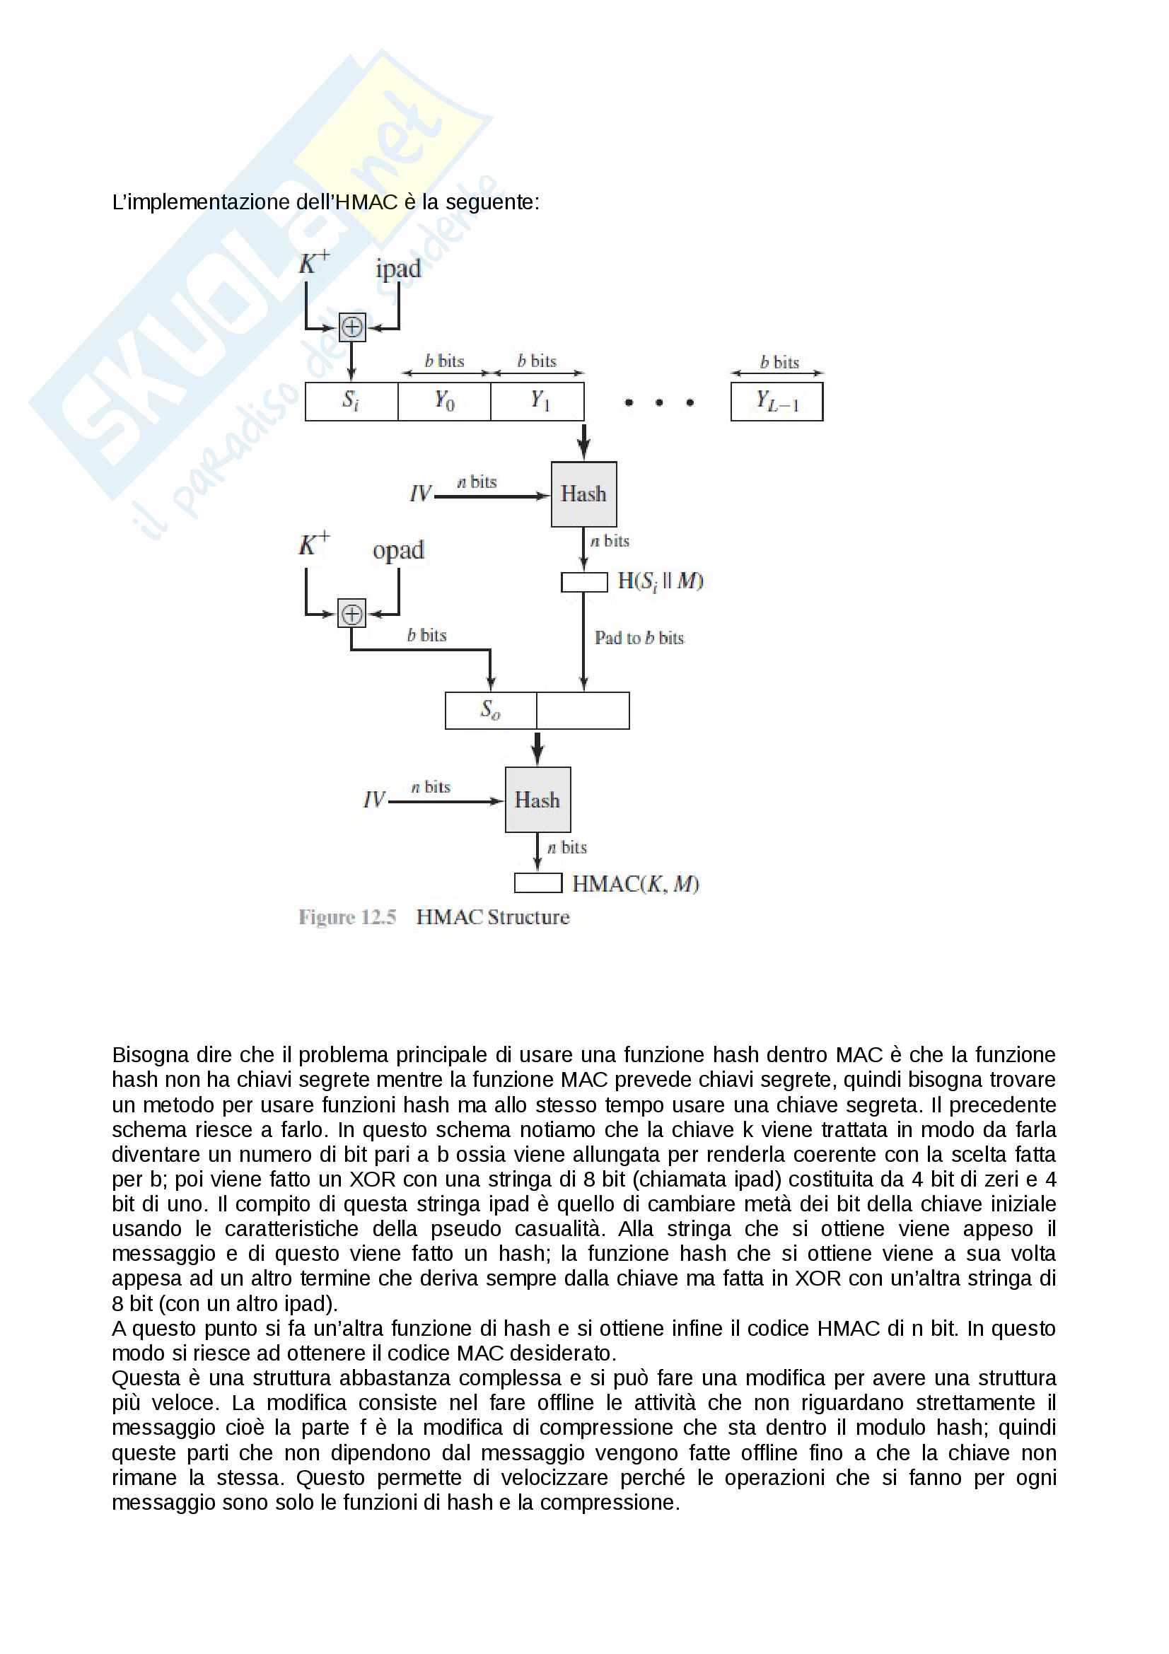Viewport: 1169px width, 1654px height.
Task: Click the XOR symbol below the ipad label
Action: click(351, 327)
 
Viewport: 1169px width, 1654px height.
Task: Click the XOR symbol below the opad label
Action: click(351, 614)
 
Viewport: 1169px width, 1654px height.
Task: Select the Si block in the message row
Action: click(351, 401)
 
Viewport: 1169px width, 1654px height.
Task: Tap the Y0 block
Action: click(444, 401)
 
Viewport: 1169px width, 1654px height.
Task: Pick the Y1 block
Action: click(537, 401)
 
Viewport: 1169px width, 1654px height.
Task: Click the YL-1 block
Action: click(777, 401)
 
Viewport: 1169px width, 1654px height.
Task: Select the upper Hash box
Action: click(583, 494)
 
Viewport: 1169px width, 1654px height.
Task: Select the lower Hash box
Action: click(537, 800)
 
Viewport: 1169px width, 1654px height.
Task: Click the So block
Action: click(491, 710)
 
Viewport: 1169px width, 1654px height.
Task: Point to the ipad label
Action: click(397, 269)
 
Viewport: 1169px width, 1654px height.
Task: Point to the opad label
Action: click(398, 551)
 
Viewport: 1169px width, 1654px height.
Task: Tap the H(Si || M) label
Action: click(661, 581)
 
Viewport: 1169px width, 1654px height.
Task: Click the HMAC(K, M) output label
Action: click(635, 884)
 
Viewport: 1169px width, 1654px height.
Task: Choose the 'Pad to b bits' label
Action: click(639, 638)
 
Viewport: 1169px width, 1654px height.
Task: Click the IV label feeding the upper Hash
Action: click(420, 494)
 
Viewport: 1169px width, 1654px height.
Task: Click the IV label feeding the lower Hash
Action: click(374, 800)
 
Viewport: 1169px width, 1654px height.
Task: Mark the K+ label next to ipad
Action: click(314, 263)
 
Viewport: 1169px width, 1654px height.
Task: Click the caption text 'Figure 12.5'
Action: click(347, 917)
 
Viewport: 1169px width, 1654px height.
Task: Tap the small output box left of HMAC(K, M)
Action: click(537, 883)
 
